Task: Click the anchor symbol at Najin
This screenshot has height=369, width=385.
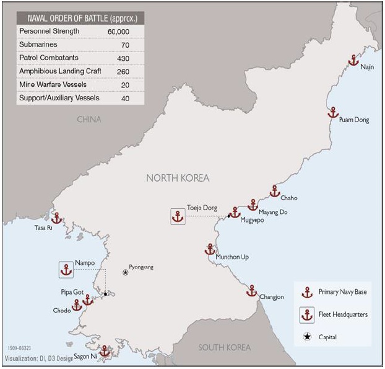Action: pyautogui.click(x=353, y=60)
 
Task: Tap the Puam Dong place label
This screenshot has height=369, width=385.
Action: pyautogui.click(x=354, y=120)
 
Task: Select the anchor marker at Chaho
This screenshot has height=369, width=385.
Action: pyautogui.click(x=275, y=191)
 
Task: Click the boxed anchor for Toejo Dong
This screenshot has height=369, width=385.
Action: pyautogui.click(x=178, y=216)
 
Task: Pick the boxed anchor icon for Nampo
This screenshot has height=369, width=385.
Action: pyautogui.click(x=66, y=270)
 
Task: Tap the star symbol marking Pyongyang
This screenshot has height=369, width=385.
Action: pyautogui.click(x=126, y=272)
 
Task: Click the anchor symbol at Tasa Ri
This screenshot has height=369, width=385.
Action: pyautogui.click(x=57, y=218)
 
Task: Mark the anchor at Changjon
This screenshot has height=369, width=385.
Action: pyautogui.click(x=251, y=290)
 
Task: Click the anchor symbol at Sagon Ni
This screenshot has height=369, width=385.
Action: pyautogui.click(x=105, y=350)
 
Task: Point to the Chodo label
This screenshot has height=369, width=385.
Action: pyautogui.click(x=61, y=311)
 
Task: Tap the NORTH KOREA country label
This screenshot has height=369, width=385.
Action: pyautogui.click(x=178, y=178)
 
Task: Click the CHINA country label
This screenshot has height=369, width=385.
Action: pyautogui.click(x=89, y=119)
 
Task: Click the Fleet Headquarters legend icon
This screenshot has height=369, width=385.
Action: pyautogui.click(x=306, y=314)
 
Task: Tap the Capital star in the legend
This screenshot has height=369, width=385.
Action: pyautogui.click(x=306, y=337)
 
